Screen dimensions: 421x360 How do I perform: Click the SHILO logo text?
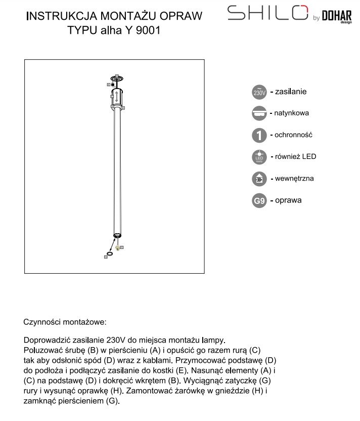coord(267,13)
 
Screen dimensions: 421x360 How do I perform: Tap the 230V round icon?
coord(259,93)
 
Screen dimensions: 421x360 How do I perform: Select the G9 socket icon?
coord(259,201)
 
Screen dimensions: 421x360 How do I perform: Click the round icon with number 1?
coord(259,135)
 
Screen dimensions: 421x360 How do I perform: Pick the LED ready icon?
coord(259,157)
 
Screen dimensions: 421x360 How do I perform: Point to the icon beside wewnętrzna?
coord(259,179)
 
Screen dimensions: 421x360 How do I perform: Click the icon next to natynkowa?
coord(259,114)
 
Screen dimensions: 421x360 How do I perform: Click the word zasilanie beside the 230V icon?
coord(291,92)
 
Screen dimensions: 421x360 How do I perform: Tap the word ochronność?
coord(294,135)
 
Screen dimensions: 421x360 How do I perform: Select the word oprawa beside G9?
coord(288,200)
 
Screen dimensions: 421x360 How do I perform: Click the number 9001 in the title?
coord(149,30)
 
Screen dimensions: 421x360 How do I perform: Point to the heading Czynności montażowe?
coord(65,322)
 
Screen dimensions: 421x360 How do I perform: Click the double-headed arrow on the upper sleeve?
coord(116,96)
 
